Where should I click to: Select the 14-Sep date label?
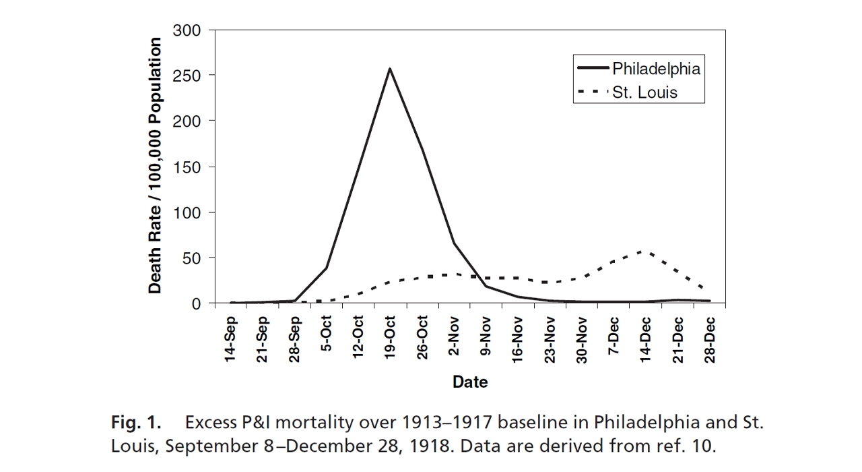pyautogui.click(x=231, y=340)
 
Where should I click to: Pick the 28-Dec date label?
pyautogui.click(x=710, y=339)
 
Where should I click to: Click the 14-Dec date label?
pyautogui.click(x=646, y=339)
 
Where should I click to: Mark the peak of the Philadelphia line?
pyautogui.click(x=390, y=68)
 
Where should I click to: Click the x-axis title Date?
pyautogui.click(x=470, y=382)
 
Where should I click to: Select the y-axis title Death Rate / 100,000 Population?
pyautogui.click(x=156, y=166)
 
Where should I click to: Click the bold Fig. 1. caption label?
pyautogui.click(x=136, y=423)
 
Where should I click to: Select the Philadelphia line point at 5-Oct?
pyautogui.click(x=327, y=268)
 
